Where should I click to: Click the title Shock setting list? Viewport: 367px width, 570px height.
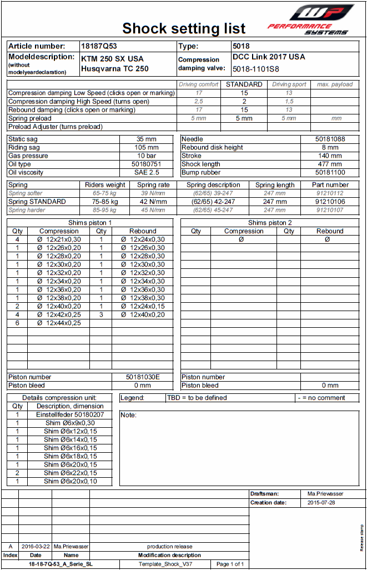[x=184, y=28]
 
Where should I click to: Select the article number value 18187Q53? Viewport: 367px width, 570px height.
[x=99, y=47]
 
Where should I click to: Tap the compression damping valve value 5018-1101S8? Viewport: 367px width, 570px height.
[x=256, y=69]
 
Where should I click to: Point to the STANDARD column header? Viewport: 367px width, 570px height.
[x=244, y=84]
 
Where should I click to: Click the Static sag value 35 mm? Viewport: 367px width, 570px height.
[x=147, y=139]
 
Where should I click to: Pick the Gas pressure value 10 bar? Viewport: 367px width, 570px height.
[x=147, y=156]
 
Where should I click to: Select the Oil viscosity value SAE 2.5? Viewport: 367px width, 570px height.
[x=147, y=172]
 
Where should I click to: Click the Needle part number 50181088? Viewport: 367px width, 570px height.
[x=330, y=139]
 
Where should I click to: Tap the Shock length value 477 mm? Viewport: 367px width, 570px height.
[x=330, y=164]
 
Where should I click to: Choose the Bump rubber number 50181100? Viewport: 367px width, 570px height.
[x=330, y=172]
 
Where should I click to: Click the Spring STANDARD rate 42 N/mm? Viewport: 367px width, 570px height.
[x=153, y=202]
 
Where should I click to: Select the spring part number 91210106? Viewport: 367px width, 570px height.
[x=330, y=202]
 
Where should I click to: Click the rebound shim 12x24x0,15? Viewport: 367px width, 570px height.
[x=143, y=306]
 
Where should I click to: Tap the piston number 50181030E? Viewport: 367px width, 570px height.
[x=143, y=377]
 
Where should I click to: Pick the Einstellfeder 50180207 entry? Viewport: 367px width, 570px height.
[x=70, y=414]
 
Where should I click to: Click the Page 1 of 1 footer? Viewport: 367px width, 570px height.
[x=230, y=564]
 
